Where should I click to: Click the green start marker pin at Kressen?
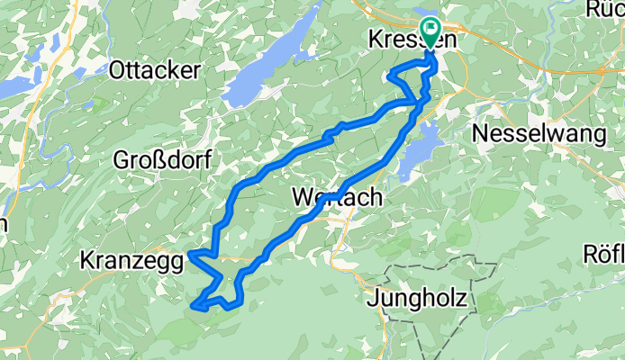click(x=429, y=33)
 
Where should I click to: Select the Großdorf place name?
click(x=162, y=161)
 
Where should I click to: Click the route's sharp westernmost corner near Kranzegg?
click(x=191, y=256)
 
